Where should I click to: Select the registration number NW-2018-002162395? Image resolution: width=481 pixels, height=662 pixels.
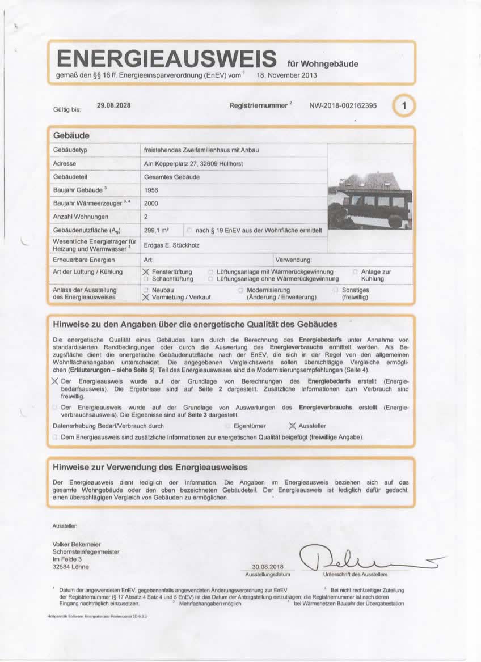[345, 106]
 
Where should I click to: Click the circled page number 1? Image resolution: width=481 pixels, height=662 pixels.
[403, 106]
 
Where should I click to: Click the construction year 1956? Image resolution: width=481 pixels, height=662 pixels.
[151, 190]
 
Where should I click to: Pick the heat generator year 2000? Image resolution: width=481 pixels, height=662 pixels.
[151, 203]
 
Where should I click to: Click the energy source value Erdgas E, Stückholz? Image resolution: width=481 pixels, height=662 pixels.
[173, 245]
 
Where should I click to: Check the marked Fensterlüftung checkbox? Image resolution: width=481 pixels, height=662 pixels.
[146, 272]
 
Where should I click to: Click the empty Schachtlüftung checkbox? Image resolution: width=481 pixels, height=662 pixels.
[146, 279]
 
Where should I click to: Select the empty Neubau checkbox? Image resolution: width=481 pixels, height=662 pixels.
[146, 290]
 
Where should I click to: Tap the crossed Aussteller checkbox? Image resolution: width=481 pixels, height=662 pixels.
[293, 426]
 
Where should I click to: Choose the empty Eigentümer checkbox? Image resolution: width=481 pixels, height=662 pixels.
[227, 426]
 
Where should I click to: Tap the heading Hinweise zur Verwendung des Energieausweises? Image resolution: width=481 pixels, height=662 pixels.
[150, 468]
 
